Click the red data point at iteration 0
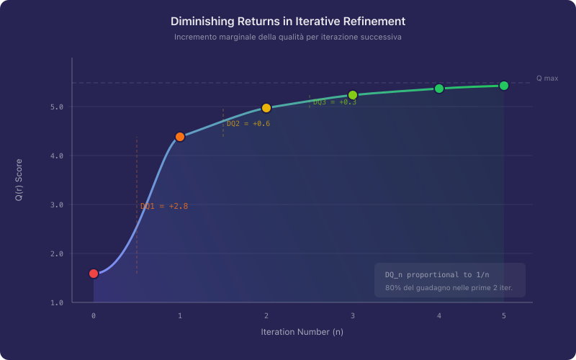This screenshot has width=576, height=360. (x=94, y=274)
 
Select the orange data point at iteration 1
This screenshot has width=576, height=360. (x=180, y=137)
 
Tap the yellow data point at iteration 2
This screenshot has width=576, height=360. (x=266, y=108)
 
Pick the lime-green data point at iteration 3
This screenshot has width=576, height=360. (x=353, y=95)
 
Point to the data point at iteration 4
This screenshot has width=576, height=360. (x=439, y=89)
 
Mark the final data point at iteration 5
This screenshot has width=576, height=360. (x=504, y=86)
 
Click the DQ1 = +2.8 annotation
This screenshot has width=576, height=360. (x=164, y=206)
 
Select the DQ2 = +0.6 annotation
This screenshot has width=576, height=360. (x=248, y=124)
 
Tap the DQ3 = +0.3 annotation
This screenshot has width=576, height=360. (x=335, y=102)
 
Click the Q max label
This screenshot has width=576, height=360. (x=547, y=78)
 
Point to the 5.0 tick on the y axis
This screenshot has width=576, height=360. (x=57, y=107)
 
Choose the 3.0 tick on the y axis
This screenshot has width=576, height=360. (x=57, y=204)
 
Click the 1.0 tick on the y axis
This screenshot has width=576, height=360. (x=57, y=302)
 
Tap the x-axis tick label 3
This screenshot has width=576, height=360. (x=353, y=316)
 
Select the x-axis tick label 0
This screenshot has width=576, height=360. (x=94, y=316)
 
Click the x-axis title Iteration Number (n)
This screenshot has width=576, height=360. (x=302, y=332)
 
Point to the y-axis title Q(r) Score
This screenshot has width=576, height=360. (x=19, y=180)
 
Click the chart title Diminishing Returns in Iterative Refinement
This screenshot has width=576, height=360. (x=288, y=22)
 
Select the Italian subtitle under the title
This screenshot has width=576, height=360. (x=288, y=37)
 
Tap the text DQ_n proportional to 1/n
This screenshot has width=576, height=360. (x=437, y=275)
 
